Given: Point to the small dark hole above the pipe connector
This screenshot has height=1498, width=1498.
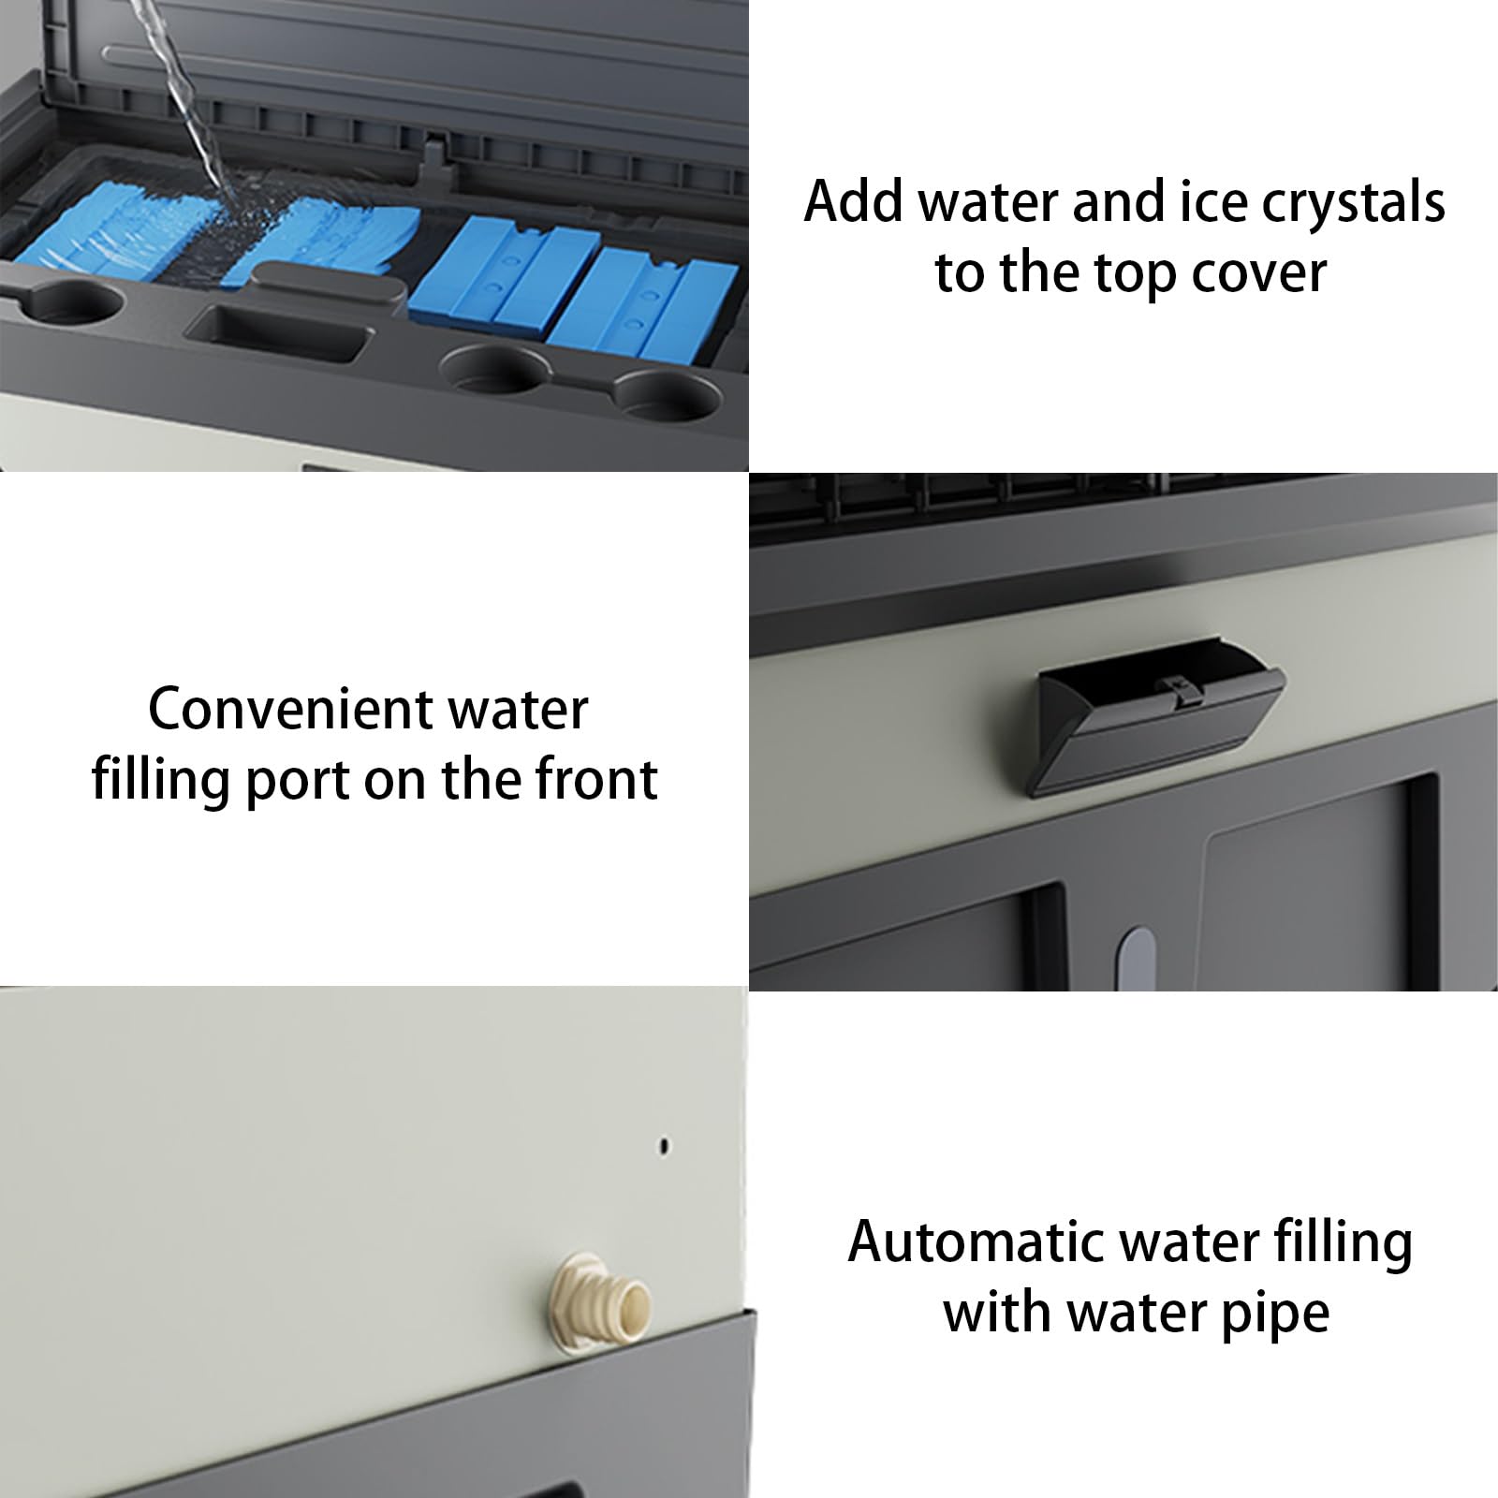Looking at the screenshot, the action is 665,1144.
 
